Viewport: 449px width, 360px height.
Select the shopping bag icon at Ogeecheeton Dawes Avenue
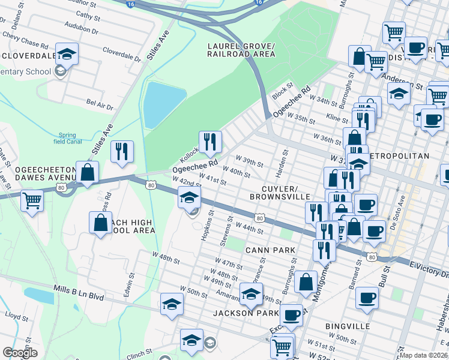tap(88, 172)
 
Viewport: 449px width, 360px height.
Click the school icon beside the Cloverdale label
tap(67, 53)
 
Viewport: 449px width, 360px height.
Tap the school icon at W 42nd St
tap(189, 197)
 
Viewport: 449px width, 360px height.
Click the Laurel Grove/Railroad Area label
tap(241, 50)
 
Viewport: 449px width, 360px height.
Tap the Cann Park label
tap(270, 250)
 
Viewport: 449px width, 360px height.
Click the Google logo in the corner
tap(20, 353)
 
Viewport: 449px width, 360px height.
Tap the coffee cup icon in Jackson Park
tap(292, 315)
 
